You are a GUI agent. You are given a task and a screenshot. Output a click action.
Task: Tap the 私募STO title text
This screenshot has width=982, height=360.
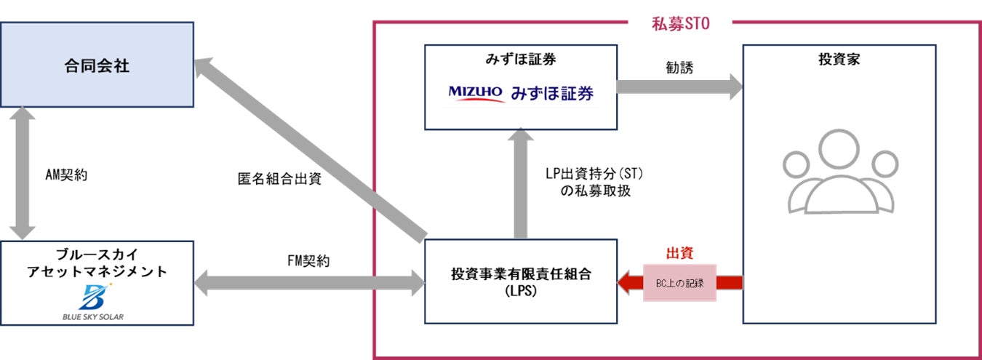[x=680, y=23]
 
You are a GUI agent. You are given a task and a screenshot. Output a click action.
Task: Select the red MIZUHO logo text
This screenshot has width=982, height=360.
[x=476, y=93]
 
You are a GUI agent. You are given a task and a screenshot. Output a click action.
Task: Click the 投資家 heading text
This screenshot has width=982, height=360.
[x=839, y=59]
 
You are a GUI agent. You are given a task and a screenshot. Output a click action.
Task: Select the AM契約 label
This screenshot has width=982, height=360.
[x=66, y=175]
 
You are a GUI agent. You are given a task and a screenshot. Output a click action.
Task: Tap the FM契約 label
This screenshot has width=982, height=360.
[x=308, y=260]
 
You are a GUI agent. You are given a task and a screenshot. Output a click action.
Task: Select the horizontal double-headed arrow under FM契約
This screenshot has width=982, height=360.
[x=310, y=281]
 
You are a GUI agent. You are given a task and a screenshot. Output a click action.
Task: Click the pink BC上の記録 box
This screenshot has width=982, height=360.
[x=679, y=282]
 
